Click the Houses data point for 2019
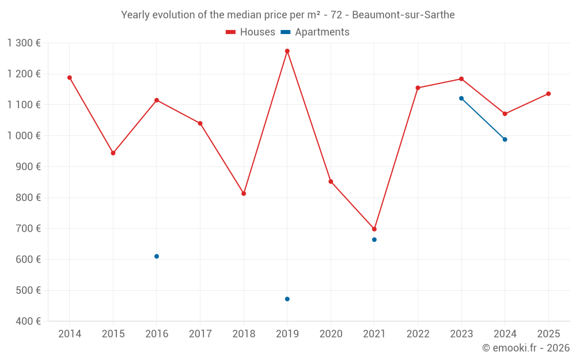pyautogui.click(x=287, y=51)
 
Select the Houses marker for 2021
pyautogui.click(x=374, y=229)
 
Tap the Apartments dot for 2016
pyautogui.click(x=157, y=256)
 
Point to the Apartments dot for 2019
pyautogui.click(x=287, y=299)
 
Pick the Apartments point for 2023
pyautogui.click(x=461, y=98)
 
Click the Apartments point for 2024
pyautogui.click(x=505, y=139)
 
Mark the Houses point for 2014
pyautogui.click(x=70, y=78)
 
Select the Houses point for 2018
pyautogui.click(x=244, y=194)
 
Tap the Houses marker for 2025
pyautogui.click(x=548, y=94)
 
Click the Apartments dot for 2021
pyautogui.click(x=374, y=240)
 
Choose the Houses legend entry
pyautogui.click(x=251, y=32)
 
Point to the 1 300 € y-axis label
pyautogui.click(x=24, y=43)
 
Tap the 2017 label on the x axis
pyautogui.click(x=200, y=334)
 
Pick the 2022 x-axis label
pyautogui.click(x=418, y=334)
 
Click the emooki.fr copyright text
pyautogui.click(x=526, y=348)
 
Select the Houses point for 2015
pyautogui.click(x=113, y=153)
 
